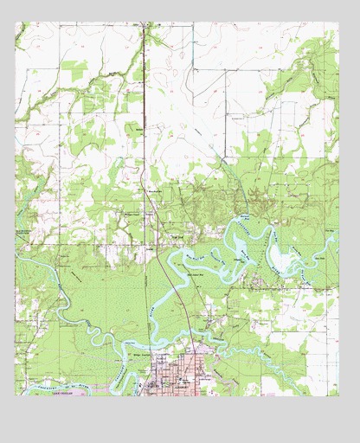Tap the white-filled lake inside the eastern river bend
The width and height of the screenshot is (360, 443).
[x=280, y=256]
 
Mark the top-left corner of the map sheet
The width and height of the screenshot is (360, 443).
[x=16, y=23]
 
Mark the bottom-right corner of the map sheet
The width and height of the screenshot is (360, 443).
[x=338, y=395]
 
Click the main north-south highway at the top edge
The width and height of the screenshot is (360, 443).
[x=143, y=25]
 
